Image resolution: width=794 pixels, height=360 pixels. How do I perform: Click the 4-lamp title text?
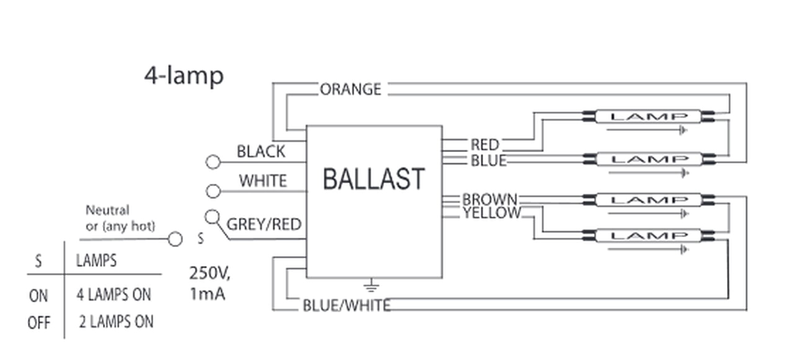184,76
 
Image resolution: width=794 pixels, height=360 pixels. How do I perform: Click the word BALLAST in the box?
373,179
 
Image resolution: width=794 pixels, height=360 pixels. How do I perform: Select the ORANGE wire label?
350,89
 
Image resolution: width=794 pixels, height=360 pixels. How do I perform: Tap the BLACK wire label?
261,151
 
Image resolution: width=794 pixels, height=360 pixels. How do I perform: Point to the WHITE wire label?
263,181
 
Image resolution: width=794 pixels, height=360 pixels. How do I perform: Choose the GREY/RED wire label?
264,224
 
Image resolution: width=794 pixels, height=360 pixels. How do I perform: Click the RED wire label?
484,145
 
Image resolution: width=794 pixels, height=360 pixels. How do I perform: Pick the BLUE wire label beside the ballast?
488,161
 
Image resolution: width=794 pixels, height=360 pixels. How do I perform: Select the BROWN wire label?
489,200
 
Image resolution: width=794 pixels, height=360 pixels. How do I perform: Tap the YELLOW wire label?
491,214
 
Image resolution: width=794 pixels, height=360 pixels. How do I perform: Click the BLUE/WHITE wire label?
346,305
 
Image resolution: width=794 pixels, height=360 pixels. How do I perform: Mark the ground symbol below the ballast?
371,286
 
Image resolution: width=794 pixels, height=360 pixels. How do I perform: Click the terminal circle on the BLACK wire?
213,162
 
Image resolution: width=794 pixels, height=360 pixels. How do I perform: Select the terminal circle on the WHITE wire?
213,191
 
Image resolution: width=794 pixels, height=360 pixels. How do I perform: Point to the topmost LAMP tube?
648,116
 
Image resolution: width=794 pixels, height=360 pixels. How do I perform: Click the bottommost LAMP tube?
648,236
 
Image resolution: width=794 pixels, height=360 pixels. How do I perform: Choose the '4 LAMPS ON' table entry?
114,295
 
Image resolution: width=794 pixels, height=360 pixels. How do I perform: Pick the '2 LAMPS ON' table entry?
116,322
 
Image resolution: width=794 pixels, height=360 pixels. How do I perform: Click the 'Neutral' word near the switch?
107,211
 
